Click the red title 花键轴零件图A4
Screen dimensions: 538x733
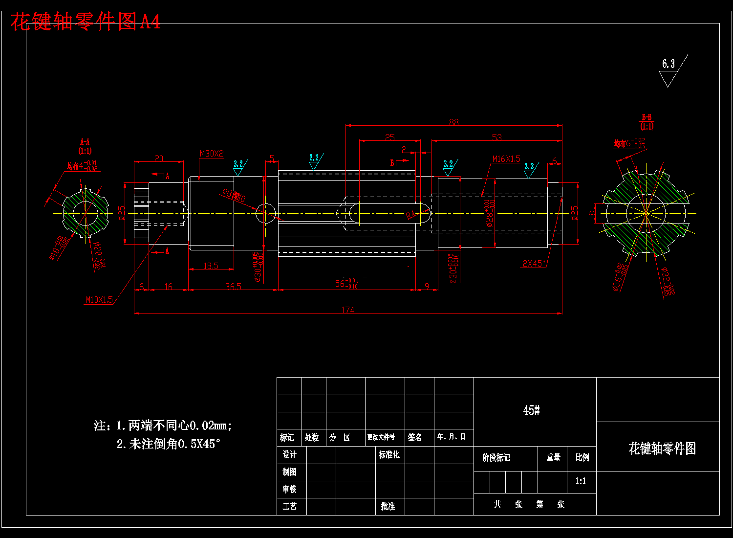point(86,22)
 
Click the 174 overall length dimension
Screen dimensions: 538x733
point(348,310)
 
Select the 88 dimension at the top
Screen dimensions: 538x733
point(454,122)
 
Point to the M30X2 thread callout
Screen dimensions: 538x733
point(212,154)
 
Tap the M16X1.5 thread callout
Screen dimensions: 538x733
point(506,159)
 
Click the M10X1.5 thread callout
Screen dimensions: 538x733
point(99,300)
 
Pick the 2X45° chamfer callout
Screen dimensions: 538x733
point(534,264)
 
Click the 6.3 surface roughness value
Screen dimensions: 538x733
point(668,64)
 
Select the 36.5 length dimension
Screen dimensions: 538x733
point(233,286)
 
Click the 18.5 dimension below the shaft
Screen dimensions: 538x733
point(211,266)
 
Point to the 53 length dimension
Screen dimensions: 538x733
point(496,137)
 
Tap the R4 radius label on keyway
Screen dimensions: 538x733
point(411,215)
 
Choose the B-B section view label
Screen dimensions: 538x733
point(647,122)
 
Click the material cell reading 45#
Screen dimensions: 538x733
point(531,410)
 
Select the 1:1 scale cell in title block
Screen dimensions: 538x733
point(581,481)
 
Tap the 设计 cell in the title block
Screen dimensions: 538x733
point(290,455)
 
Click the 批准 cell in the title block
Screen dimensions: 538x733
point(388,506)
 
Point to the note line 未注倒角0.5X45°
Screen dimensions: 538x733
point(169,444)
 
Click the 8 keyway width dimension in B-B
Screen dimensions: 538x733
point(592,213)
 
